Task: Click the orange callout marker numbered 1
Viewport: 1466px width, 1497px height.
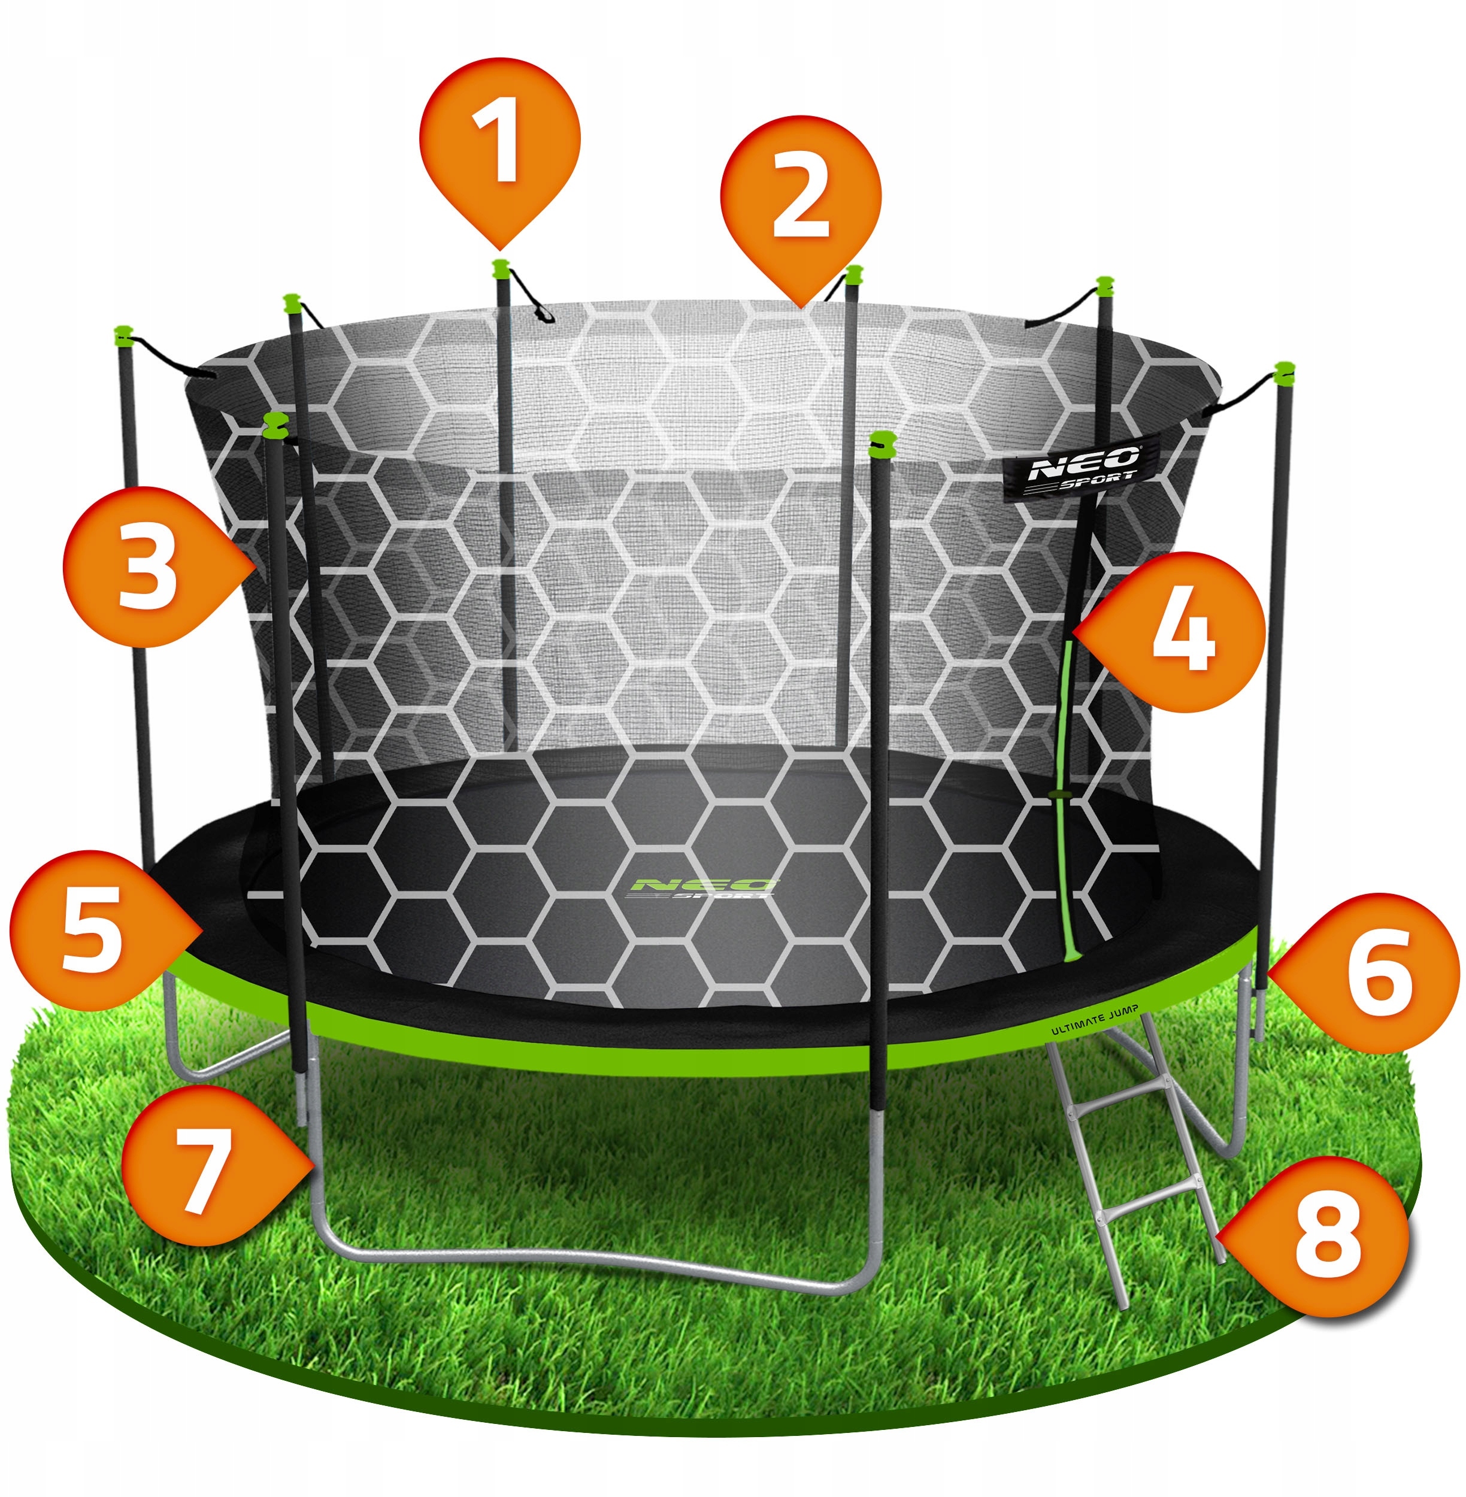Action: click(499, 146)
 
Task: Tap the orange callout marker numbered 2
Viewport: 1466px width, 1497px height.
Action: click(801, 200)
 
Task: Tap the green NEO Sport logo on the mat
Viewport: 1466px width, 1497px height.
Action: click(702, 888)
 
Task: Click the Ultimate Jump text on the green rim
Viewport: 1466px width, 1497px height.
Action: click(1095, 1019)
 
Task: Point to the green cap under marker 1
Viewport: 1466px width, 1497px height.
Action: click(501, 268)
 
